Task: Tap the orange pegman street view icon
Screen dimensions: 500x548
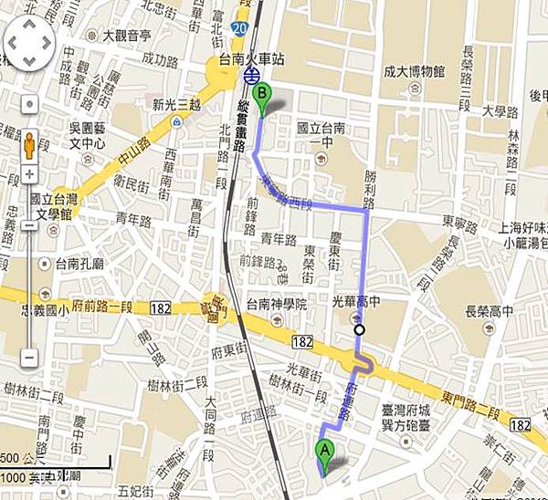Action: click(x=30, y=145)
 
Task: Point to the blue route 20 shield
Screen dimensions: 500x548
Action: click(x=238, y=29)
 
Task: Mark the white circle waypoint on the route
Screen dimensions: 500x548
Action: click(x=361, y=329)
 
